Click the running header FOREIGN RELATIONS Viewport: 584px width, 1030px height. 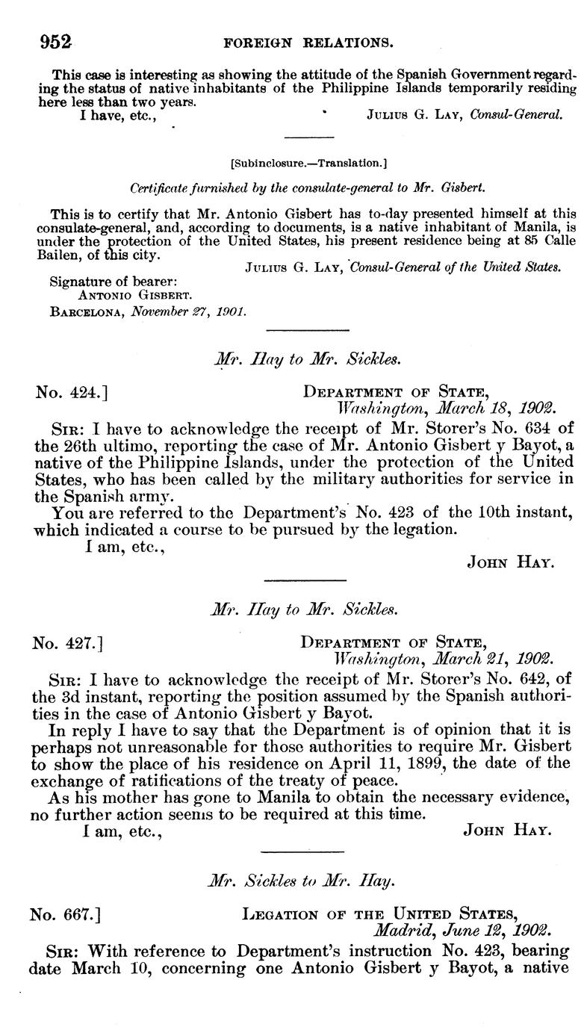[308, 43]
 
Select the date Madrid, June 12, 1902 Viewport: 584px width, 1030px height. [463, 931]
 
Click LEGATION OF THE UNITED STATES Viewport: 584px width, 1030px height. [379, 914]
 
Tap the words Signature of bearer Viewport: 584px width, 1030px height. [102, 282]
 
